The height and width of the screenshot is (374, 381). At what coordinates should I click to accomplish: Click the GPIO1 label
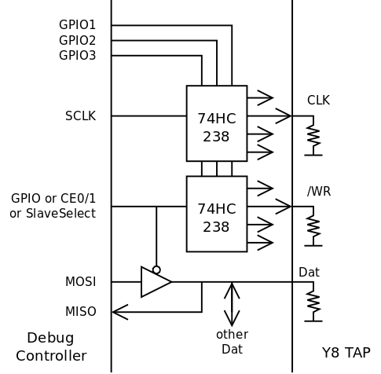coord(77,25)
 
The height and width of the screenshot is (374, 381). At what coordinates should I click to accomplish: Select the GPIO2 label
coord(77,40)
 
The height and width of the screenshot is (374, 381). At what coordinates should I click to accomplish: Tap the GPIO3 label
coord(77,56)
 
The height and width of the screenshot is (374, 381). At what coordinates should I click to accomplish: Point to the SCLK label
coord(80,115)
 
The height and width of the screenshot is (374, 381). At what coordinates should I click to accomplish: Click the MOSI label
coord(80,282)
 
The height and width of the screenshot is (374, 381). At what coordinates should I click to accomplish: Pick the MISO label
coord(80,312)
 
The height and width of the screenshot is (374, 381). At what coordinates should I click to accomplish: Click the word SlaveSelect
coord(60,213)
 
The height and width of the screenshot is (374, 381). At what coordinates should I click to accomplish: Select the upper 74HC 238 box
coord(217,123)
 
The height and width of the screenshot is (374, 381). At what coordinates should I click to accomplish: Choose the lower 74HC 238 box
coord(217,214)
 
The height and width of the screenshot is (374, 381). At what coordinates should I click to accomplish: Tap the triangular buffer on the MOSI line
coord(156,282)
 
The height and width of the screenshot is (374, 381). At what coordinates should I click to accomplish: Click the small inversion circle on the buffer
coord(156,269)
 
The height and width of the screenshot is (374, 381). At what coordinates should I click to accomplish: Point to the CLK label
coord(318,101)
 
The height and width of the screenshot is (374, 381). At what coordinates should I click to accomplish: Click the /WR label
coord(319,191)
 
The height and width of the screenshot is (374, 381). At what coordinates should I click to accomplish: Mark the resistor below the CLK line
coord(313,136)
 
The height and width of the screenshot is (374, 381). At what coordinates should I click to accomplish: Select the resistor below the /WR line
coord(313,227)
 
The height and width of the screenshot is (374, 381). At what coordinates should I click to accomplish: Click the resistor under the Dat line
coord(313,302)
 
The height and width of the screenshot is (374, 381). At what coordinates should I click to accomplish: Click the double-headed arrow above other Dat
coord(232,304)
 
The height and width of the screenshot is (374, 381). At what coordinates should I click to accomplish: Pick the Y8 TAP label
coord(346,353)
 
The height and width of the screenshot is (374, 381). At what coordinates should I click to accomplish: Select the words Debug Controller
coord(51,346)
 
